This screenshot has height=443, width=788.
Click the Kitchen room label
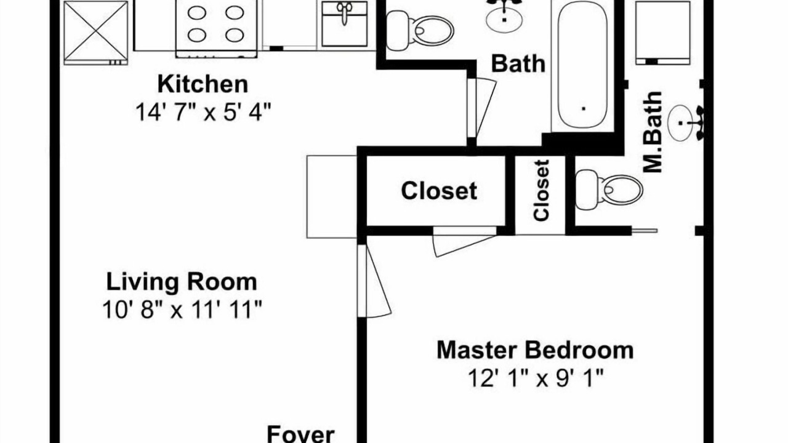203,84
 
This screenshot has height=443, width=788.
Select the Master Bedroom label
535,350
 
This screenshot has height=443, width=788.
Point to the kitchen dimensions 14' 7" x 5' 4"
203,112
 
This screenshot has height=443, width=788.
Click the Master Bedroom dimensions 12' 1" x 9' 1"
536,378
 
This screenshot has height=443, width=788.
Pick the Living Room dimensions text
182,309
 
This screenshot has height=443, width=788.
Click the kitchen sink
344,24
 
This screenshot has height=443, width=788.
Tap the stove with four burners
216,28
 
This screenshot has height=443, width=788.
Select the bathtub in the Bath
583,65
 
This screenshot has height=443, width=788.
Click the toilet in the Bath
420,30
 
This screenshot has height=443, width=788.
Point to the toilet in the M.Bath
609,190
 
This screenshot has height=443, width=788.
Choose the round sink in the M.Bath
680,123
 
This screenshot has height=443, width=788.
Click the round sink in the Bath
504,18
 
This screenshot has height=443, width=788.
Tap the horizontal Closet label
439,191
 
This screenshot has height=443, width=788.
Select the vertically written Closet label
541,191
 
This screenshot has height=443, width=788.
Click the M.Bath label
653,132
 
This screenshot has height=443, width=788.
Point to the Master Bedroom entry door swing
379,281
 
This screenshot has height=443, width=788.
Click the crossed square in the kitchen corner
95,33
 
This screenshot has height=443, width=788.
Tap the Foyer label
301,434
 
